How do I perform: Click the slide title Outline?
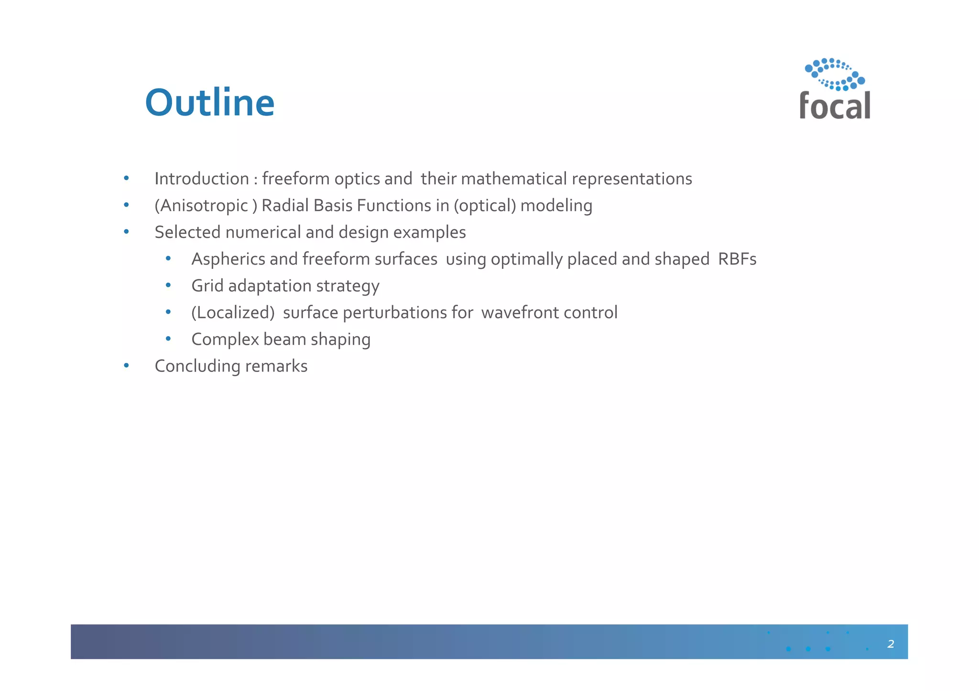point(209,103)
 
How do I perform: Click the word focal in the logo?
point(835,106)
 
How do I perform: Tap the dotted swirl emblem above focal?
point(835,74)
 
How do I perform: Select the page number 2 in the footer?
point(891,644)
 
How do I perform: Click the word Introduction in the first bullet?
point(201,179)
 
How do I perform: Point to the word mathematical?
point(514,179)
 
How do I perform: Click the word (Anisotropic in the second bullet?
point(201,206)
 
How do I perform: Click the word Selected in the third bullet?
point(187,232)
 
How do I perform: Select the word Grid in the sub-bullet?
point(207,286)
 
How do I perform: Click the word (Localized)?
point(233,313)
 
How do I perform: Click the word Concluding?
point(197,366)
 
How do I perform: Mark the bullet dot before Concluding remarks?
point(126,366)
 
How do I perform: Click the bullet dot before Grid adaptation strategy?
point(168,286)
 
